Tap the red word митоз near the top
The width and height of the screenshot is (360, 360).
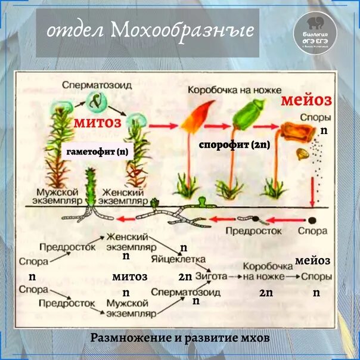point(98,123)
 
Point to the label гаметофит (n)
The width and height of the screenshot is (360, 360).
point(101,152)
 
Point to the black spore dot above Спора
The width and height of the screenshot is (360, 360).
point(312,219)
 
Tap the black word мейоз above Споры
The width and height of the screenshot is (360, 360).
point(313,261)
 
